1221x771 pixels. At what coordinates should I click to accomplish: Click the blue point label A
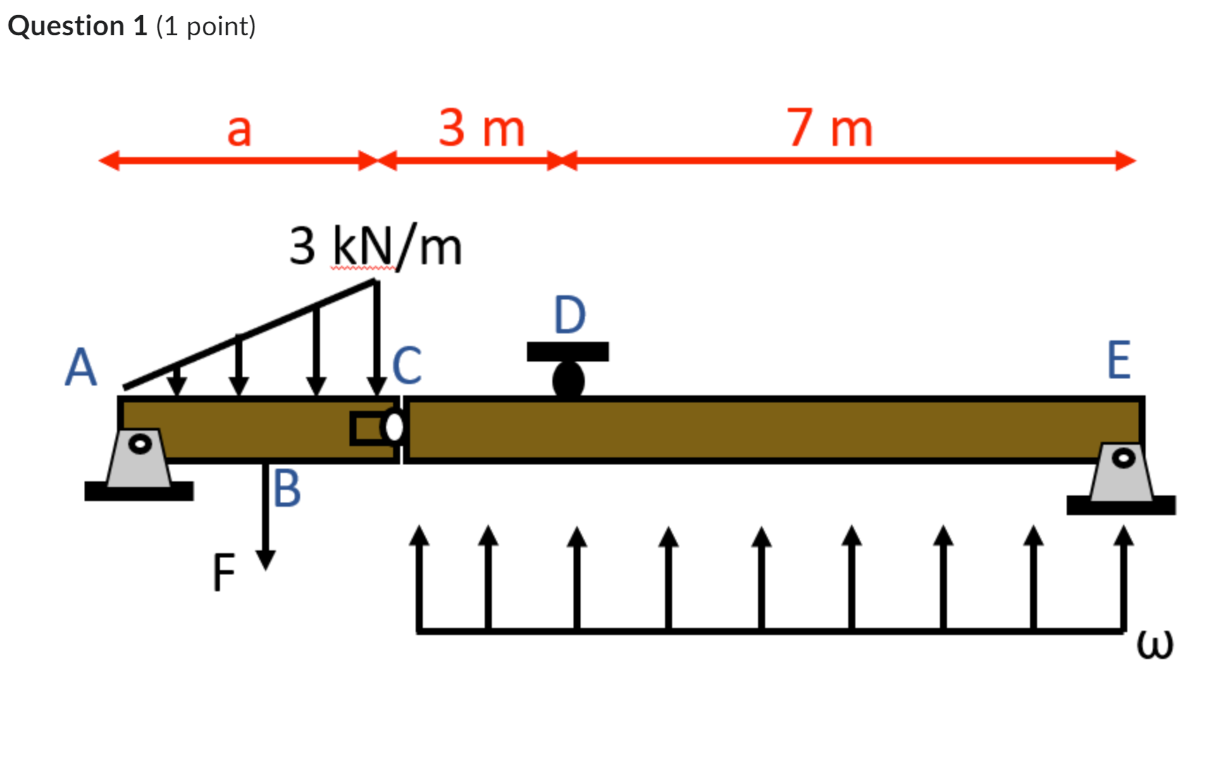click(81, 367)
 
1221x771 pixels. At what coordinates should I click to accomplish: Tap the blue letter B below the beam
click(287, 488)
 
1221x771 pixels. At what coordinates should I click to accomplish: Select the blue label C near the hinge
click(407, 365)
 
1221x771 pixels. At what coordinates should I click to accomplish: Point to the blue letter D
click(569, 315)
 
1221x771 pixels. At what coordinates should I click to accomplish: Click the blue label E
click(1118, 360)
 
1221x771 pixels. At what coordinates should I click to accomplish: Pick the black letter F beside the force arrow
click(223, 572)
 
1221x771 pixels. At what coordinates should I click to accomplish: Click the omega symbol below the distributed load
click(1155, 644)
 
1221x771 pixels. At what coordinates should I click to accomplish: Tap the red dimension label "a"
click(239, 130)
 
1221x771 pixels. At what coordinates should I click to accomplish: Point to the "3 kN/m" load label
click(376, 247)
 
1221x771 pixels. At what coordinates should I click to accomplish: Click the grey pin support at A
click(140, 458)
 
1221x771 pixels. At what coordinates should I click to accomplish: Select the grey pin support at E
click(1122, 472)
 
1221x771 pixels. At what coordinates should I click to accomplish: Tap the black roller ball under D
click(569, 381)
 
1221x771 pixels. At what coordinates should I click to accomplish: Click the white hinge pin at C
click(395, 427)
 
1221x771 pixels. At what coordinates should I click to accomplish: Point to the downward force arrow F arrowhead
click(266, 560)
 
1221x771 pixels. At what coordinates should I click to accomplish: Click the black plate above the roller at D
click(568, 352)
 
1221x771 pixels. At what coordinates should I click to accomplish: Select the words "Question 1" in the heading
click(78, 26)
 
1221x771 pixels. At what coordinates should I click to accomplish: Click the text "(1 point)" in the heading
click(206, 26)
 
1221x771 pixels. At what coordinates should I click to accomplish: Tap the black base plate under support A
click(139, 491)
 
